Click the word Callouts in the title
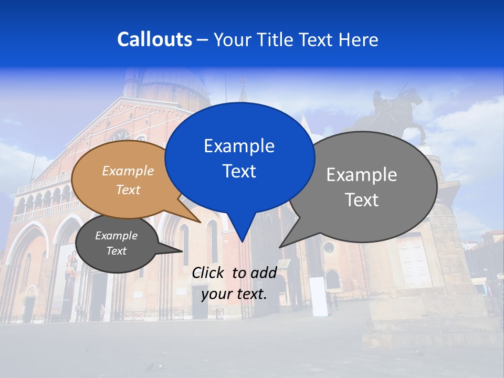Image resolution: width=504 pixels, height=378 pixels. click(x=154, y=39)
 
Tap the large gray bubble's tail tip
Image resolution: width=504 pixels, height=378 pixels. click(x=281, y=246)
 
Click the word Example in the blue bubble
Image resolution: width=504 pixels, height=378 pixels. click(x=239, y=146)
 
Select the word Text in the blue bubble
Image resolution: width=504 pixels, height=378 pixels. click(x=239, y=171)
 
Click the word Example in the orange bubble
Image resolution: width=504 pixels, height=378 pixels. click(x=128, y=171)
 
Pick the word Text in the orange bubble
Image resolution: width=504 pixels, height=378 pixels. click(x=128, y=190)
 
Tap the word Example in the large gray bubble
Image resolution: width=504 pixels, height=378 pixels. click(x=361, y=175)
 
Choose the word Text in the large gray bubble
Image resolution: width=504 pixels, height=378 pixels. click(x=361, y=200)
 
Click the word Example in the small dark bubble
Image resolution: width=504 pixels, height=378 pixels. click(x=116, y=236)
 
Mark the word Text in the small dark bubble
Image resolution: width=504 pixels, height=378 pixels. click(x=116, y=251)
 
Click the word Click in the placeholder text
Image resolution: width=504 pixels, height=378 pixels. click(x=209, y=272)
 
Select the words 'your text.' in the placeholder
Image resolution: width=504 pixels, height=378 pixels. click(x=234, y=294)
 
